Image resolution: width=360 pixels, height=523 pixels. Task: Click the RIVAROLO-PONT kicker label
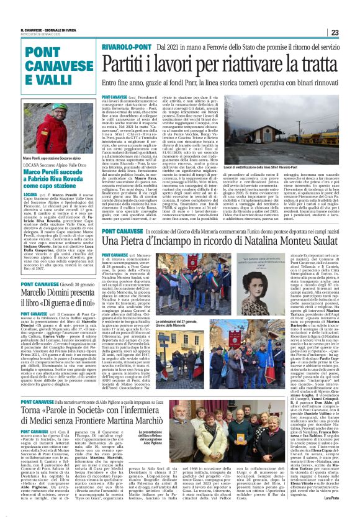(x=128, y=47)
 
